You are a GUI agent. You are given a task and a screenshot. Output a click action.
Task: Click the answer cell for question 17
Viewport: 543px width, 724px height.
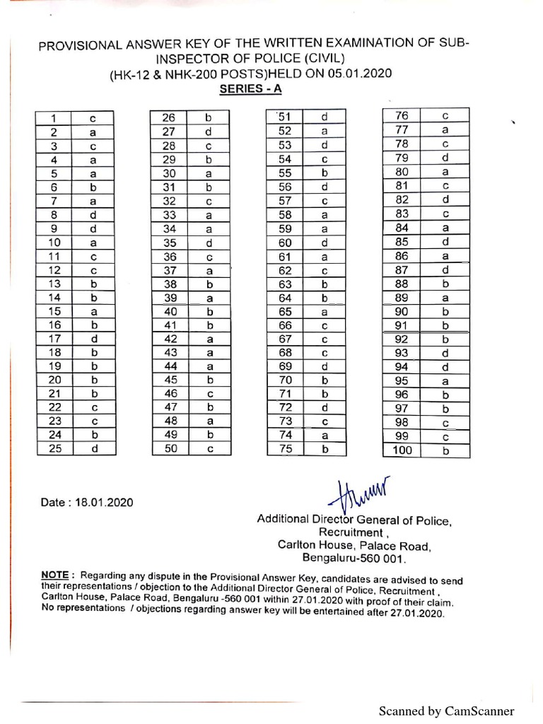93,338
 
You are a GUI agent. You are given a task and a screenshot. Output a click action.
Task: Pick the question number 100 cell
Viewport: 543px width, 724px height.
401,450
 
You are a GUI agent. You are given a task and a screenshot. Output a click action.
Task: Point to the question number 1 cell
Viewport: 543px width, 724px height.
54,118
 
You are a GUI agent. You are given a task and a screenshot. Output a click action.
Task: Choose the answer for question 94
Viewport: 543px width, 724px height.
445,367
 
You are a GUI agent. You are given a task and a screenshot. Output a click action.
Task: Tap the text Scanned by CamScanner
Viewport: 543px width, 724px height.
446,711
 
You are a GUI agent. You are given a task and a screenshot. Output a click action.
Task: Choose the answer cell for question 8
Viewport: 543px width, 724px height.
93,214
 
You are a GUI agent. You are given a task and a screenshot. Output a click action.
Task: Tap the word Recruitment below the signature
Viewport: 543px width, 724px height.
351,532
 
